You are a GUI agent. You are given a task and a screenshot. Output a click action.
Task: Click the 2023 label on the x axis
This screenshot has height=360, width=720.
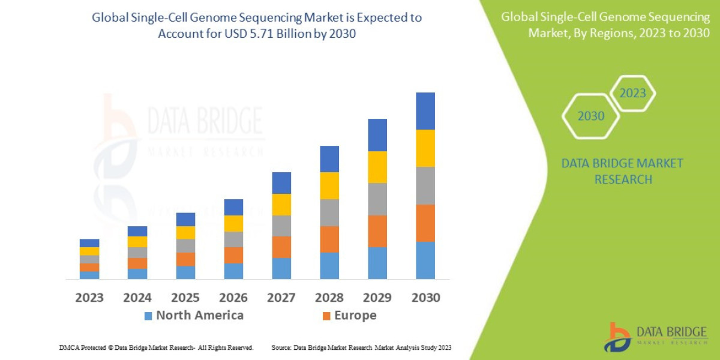tap(89, 298)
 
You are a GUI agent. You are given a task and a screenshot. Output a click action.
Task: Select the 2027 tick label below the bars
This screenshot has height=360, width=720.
tap(281, 298)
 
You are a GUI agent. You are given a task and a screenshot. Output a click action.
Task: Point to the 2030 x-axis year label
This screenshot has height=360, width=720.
tap(425, 298)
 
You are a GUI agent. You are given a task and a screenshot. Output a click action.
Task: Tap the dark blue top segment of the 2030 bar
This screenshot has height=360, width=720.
tap(425, 111)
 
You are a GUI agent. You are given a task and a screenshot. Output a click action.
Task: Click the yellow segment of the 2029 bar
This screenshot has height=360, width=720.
tap(377, 167)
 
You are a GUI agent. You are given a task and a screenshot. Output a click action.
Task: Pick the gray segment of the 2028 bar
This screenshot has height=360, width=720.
tap(329, 212)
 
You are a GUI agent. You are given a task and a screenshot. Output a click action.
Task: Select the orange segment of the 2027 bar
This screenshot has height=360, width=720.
tap(281, 247)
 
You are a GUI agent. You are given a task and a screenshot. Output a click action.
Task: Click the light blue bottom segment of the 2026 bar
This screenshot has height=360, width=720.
tap(233, 271)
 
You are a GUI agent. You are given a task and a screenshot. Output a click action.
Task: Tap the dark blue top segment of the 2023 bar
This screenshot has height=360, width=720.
tap(89, 243)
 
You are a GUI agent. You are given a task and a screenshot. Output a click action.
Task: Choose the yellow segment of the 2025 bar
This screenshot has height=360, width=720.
tap(185, 232)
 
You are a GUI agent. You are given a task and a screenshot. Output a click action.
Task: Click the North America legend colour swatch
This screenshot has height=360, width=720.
tap(148, 316)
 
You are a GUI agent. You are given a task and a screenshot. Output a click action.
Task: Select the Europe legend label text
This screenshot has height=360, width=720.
tap(355, 316)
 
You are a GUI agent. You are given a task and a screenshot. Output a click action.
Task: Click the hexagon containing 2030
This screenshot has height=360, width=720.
tap(590, 116)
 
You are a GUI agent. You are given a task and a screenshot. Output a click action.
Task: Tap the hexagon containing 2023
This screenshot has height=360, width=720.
tap(632, 94)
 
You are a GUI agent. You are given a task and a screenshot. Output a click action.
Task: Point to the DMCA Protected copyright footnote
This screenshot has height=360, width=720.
tap(156, 347)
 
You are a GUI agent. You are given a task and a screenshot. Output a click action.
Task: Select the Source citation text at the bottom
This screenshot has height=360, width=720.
tap(361, 347)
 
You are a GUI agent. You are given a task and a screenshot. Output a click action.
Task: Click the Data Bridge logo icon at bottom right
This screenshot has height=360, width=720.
tap(617, 337)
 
